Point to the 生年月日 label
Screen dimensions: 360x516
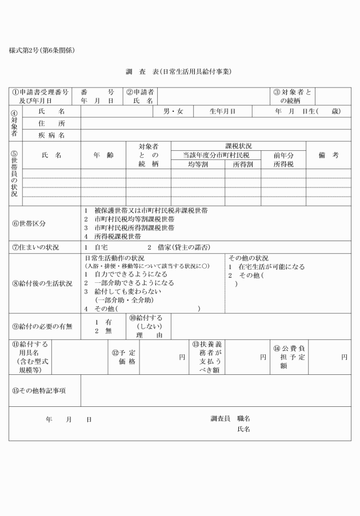[x=222, y=111]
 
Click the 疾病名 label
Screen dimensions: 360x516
[x=51, y=135]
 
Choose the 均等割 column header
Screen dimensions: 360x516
[x=198, y=164]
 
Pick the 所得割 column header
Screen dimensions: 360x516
[x=242, y=164]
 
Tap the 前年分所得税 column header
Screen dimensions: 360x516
[x=283, y=159]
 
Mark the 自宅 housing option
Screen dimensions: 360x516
[x=101, y=248]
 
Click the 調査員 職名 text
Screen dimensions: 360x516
[x=230, y=419]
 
